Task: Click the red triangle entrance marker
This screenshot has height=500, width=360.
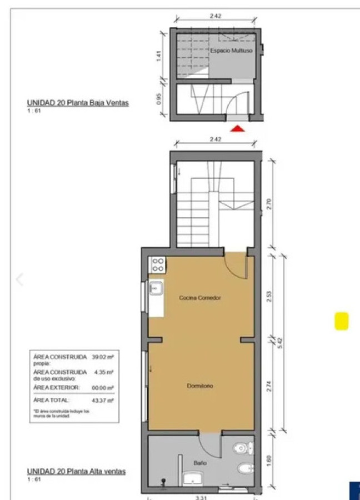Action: pos(238,128)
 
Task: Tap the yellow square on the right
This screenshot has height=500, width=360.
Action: pos(341,321)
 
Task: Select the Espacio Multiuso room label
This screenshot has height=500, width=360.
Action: pos(232,51)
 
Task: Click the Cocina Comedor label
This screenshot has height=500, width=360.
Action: pos(200,298)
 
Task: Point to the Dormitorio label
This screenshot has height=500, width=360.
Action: pos(200,386)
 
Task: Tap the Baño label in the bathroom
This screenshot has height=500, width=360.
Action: pos(200,462)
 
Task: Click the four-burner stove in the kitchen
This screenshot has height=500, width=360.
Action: pos(157,264)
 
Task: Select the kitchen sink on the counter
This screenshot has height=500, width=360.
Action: pos(156,288)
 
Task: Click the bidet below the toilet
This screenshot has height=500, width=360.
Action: pos(245,470)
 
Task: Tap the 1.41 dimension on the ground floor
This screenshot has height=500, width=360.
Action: pos(158,56)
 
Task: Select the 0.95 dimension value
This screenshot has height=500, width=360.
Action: pos(158,99)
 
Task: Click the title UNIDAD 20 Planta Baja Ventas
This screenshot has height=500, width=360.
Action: pos(78,103)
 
